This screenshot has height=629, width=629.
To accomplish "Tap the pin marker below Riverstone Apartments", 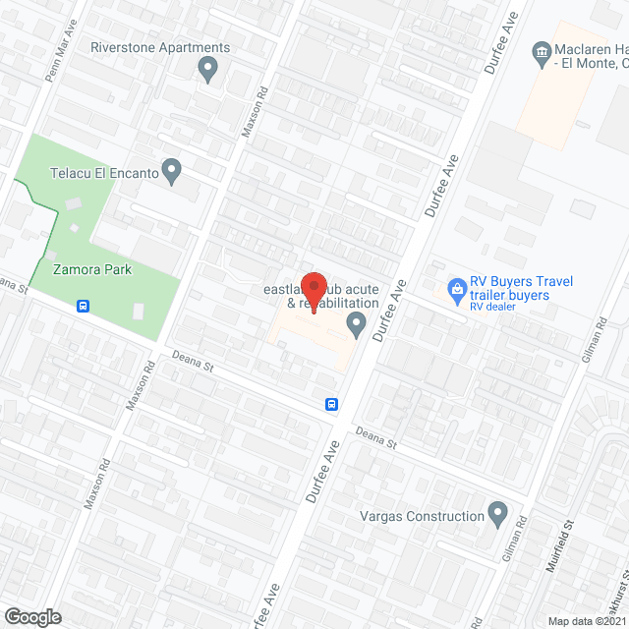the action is click(x=207, y=70).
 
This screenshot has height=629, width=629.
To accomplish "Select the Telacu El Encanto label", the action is click(x=104, y=173).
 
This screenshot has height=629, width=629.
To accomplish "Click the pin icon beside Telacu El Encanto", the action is click(x=172, y=173).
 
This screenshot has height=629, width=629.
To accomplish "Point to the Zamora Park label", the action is click(x=92, y=269).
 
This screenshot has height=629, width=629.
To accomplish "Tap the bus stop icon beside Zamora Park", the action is click(x=84, y=306).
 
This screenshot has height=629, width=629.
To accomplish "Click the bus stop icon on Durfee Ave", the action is click(x=333, y=404).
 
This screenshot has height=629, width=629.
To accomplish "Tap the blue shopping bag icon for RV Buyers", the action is click(x=456, y=289).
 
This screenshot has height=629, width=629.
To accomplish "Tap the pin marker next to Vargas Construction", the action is click(x=497, y=514).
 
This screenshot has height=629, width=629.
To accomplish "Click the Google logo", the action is click(x=32, y=616).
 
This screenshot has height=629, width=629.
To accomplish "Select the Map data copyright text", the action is click(x=587, y=621).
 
